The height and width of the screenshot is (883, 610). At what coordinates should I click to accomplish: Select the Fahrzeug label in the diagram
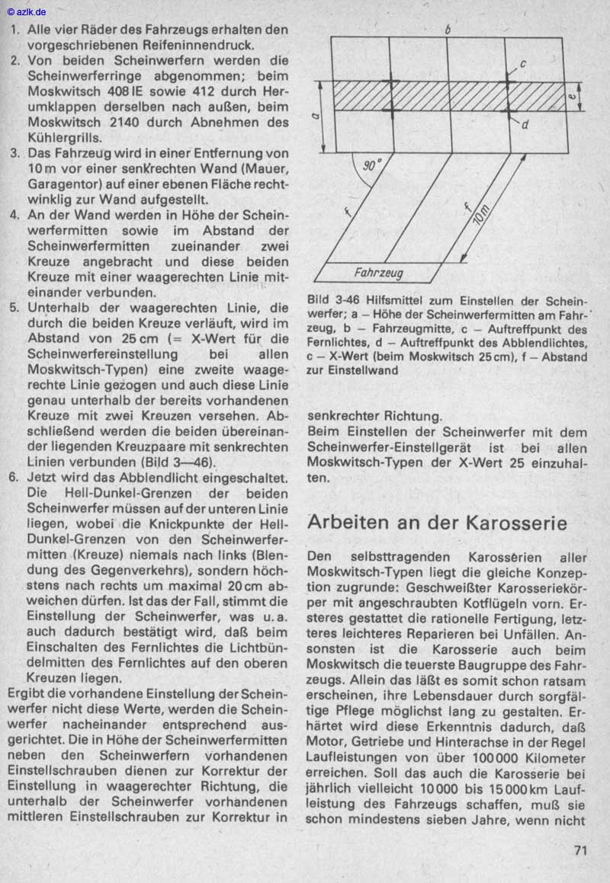pos(379,272)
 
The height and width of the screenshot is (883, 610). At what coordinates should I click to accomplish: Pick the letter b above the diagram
pos(448,29)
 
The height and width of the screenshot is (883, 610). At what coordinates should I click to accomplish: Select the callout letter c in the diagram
pos(524,64)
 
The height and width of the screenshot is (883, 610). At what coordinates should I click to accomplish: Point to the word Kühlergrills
pos(66,138)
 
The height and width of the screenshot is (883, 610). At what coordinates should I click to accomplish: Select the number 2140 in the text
pos(129,123)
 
